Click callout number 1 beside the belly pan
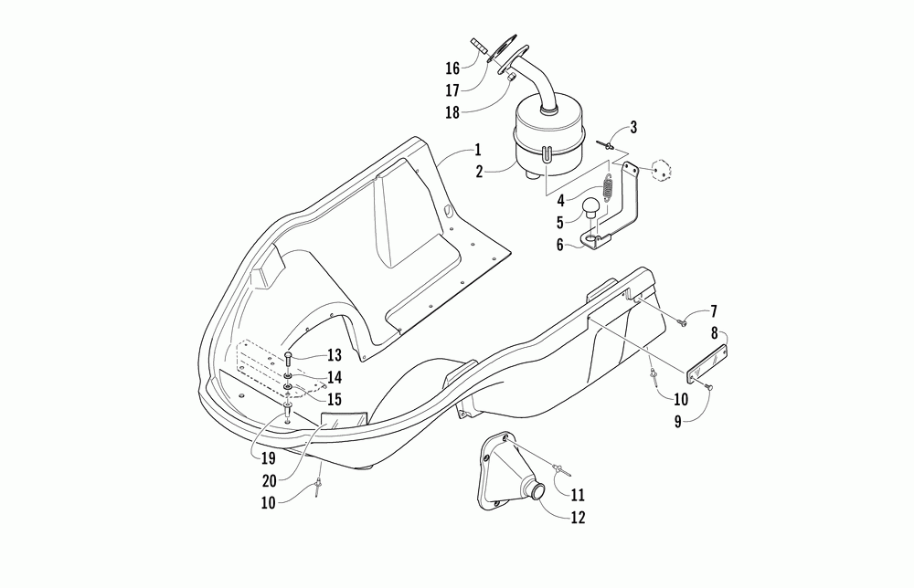(477, 149)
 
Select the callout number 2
(478, 170)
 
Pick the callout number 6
(559, 244)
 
